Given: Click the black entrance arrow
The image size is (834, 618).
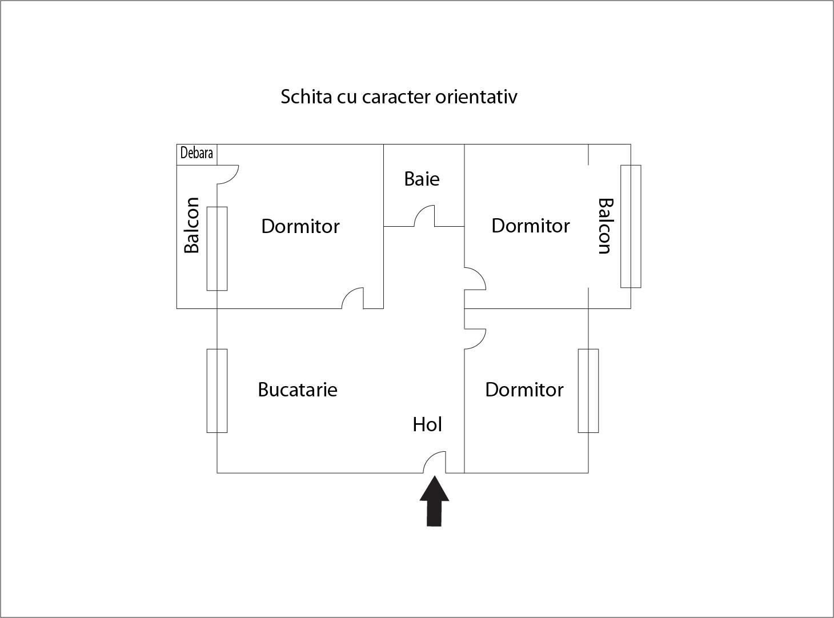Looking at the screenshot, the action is tap(434, 501).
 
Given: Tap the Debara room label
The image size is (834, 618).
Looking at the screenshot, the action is tap(197, 153).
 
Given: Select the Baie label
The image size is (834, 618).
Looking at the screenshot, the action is tap(422, 179).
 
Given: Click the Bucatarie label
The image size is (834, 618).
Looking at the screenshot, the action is tap(298, 390).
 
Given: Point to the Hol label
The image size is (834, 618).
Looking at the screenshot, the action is tap(427, 425).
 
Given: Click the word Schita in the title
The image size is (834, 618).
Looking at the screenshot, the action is tap(306, 97).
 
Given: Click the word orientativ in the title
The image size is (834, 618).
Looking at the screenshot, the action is tap(476, 97).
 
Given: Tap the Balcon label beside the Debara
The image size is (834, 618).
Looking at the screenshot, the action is tap(192, 225).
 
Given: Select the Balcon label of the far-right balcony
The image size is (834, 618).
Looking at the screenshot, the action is tap(606, 226).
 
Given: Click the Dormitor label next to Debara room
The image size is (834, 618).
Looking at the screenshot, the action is tap(300, 226).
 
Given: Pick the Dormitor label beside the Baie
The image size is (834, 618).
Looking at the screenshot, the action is tap(531, 226).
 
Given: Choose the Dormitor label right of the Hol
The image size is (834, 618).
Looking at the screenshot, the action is tap(524, 390).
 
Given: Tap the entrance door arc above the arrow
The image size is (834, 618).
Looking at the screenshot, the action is tap(434, 462).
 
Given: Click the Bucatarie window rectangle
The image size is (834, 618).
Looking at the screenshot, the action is tap(217, 391).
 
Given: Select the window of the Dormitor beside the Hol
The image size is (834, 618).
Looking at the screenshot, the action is tap(588, 391).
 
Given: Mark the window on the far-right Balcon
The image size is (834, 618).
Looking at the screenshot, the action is tap(631, 226).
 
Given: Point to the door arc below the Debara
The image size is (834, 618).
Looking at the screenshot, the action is tap(228, 175).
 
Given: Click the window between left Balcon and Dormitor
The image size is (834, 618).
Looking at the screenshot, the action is tap(217, 248).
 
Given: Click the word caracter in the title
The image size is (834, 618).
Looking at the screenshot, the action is tap(396, 97).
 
